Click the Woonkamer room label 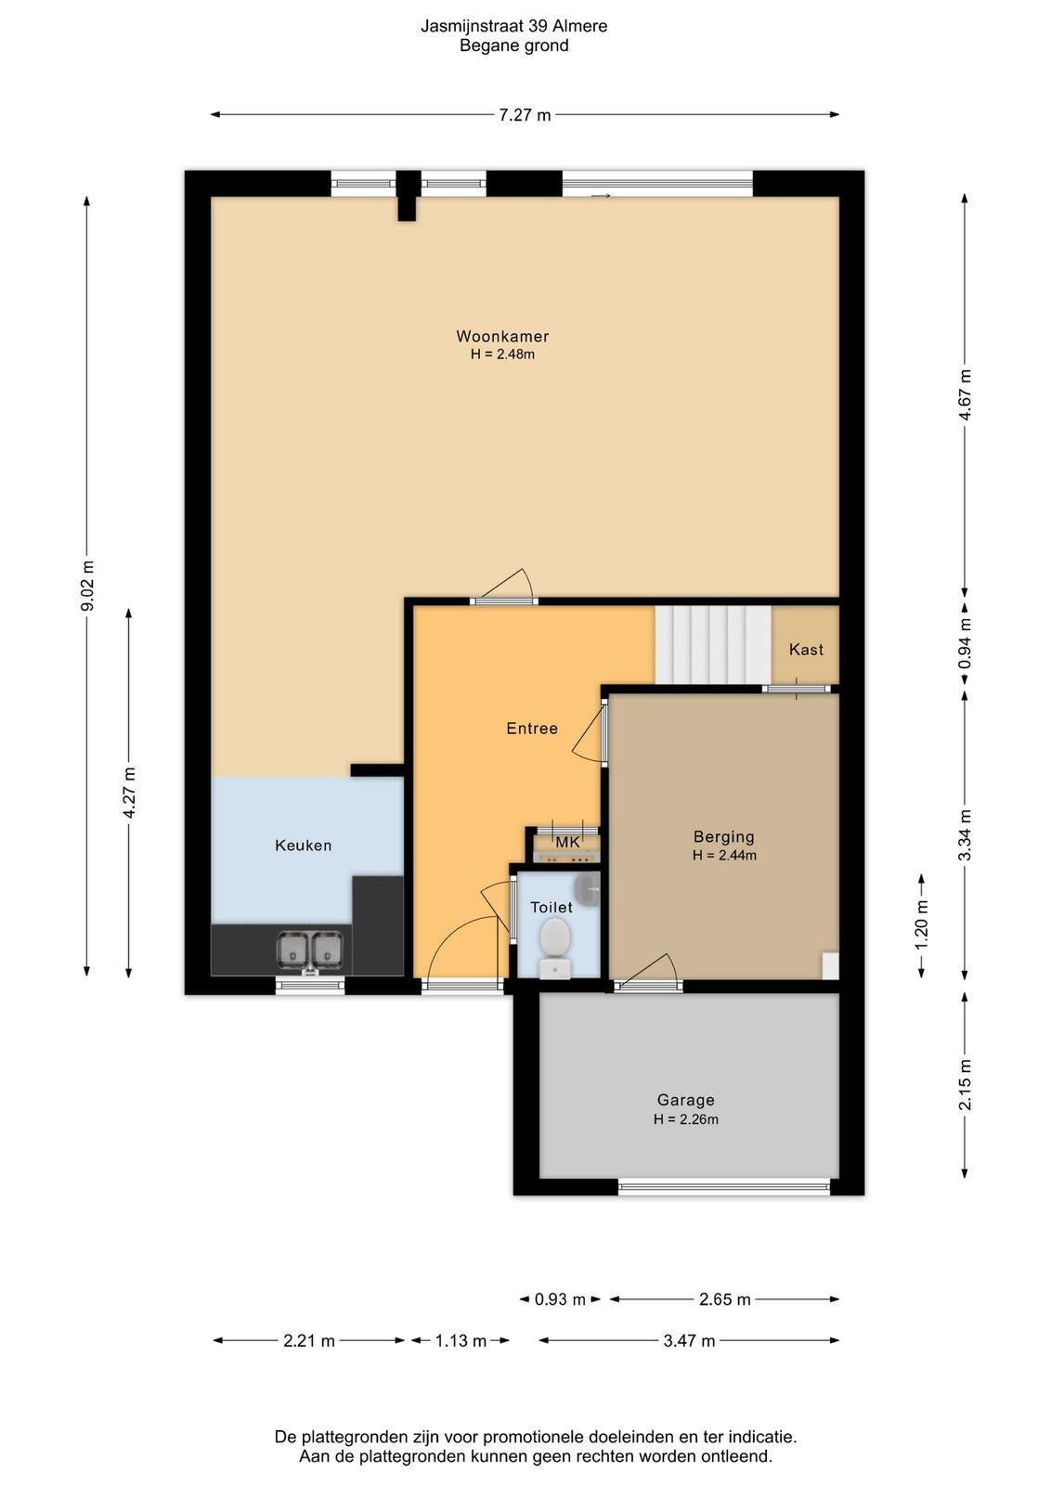click(502, 336)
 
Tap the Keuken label click(303, 846)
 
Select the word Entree click(532, 729)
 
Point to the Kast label click(806, 650)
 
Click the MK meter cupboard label click(567, 842)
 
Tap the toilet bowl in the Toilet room click(554, 948)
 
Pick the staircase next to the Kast click(713, 645)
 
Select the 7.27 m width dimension click(525, 115)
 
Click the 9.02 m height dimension click(87, 587)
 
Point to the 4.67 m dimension click(965, 395)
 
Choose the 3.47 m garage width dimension click(689, 1341)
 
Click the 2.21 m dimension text click(309, 1341)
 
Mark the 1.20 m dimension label click(922, 925)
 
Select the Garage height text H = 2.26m click(685, 1119)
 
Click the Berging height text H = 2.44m click(724, 856)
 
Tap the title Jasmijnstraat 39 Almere click(514, 26)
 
